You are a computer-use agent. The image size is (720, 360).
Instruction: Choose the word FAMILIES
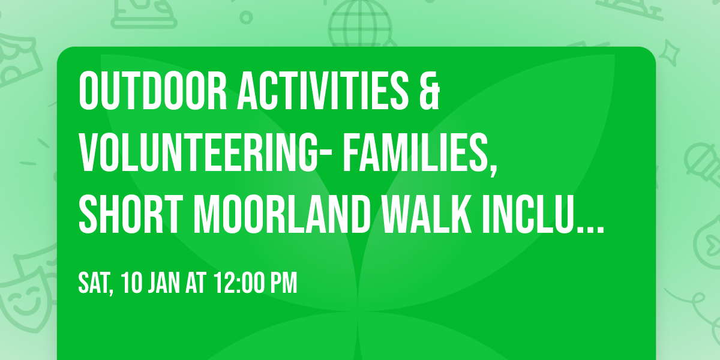click(416, 154)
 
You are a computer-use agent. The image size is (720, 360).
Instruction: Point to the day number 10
click(133, 283)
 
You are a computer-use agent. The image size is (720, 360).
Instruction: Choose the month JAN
click(165, 283)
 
